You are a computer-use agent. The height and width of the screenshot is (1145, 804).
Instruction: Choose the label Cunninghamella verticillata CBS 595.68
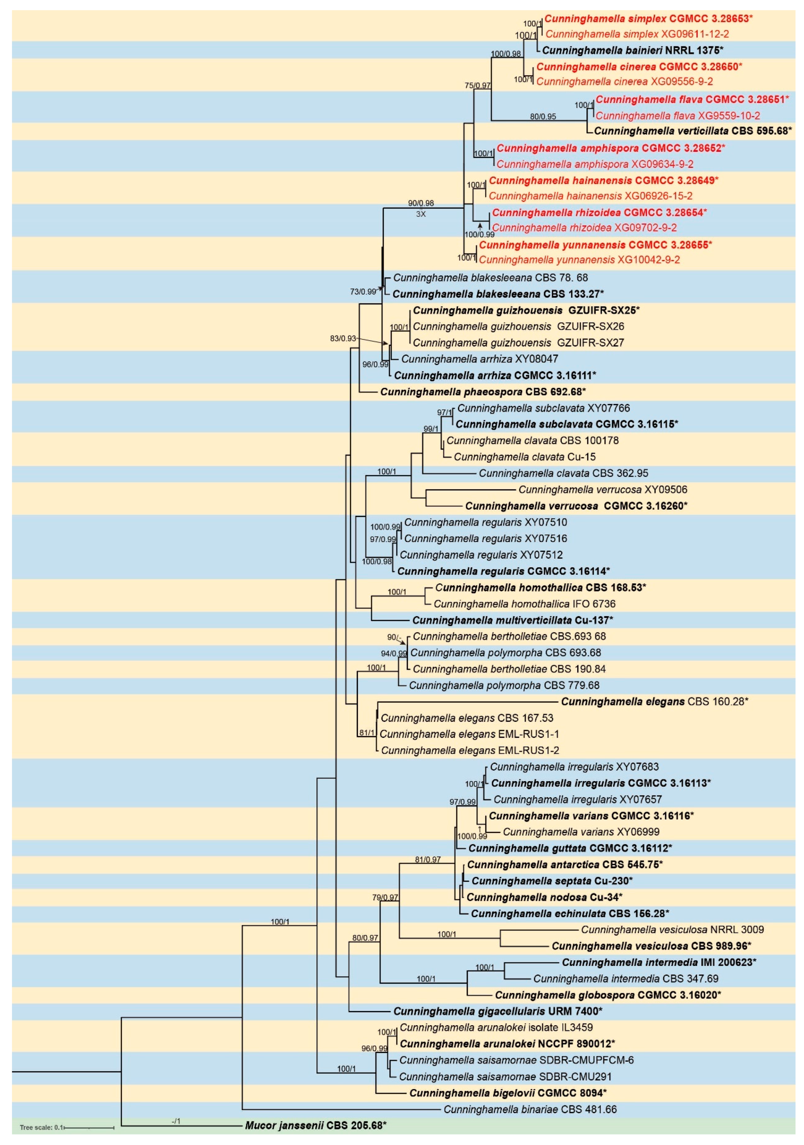pos(692,131)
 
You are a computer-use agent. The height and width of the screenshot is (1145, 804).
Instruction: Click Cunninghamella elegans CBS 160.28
pos(654,702)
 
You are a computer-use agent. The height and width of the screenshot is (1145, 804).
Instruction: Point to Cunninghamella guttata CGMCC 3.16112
pos(570,848)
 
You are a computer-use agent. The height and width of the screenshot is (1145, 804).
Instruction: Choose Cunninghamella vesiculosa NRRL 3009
pos(672,930)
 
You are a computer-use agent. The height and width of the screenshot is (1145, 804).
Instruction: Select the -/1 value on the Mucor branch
pos(176,1121)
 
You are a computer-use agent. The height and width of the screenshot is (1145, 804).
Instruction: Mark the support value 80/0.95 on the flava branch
pos(543,117)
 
